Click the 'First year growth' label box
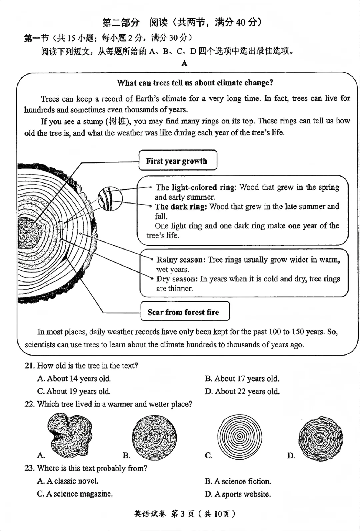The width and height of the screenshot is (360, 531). pos(178,160)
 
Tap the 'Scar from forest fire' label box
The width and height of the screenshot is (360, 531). pos(185,311)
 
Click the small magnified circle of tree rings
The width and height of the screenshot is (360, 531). pos(110,199)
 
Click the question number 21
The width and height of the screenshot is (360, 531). pos(30,366)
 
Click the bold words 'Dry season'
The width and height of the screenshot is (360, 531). pos(177,279)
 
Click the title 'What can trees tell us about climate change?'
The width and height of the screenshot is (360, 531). pos(195,83)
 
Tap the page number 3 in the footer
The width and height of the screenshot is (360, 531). pos(182,514)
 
